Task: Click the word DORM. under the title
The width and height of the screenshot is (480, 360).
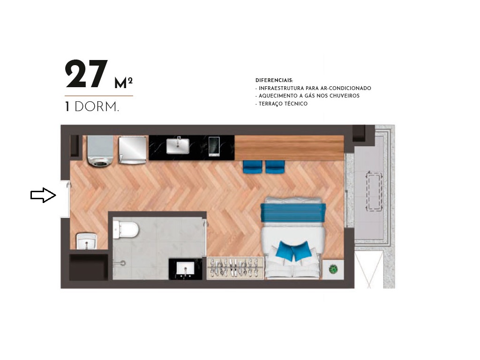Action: click(x=97, y=107)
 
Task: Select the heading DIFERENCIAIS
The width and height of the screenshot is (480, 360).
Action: click(x=274, y=81)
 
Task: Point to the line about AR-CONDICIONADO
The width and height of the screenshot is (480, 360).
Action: click(x=313, y=88)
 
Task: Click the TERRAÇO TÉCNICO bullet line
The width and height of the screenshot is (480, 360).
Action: click(x=282, y=104)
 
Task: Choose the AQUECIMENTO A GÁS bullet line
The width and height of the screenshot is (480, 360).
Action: click(x=307, y=96)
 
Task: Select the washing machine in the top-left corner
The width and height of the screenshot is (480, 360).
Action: click(x=100, y=150)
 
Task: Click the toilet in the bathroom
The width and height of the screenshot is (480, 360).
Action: click(x=126, y=229)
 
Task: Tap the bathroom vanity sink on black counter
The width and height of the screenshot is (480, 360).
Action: click(x=185, y=269)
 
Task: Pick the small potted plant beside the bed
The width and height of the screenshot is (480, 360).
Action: click(x=333, y=269)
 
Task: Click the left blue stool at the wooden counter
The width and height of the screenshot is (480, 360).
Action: click(x=253, y=166)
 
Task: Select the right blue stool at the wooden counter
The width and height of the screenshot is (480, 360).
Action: click(x=275, y=166)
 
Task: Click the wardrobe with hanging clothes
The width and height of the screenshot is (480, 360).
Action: click(x=234, y=268)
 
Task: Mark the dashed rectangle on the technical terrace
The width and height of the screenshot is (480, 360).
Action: click(x=374, y=191)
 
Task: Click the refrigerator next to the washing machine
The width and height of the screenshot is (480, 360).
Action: click(x=133, y=150)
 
